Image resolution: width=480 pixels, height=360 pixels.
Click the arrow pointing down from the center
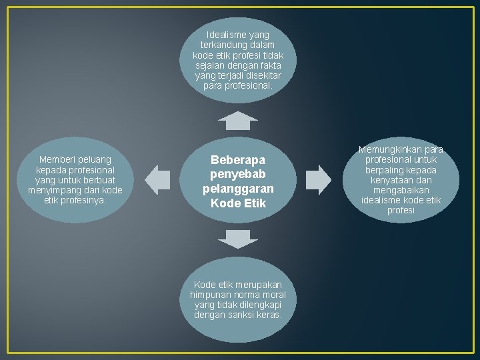(238, 239)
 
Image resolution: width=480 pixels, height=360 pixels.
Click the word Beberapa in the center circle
(238, 160)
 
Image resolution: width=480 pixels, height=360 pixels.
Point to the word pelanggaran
(238, 189)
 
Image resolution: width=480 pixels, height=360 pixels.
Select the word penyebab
(238, 175)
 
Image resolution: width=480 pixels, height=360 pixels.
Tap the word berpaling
(386, 170)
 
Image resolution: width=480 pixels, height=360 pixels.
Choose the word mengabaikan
(401, 190)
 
